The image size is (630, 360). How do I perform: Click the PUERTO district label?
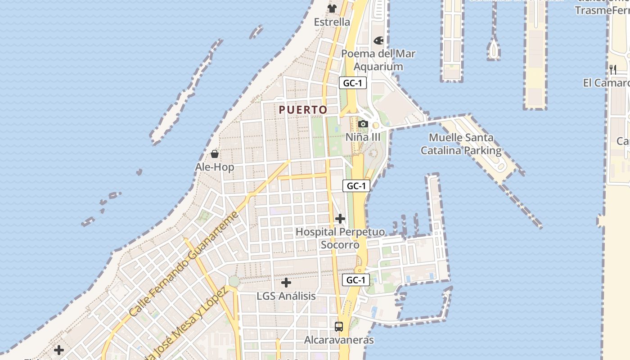pyautogui.click(x=303, y=110)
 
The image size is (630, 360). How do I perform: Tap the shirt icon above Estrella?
pyautogui.click(x=332, y=8)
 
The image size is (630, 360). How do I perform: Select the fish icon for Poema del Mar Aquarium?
pyautogui.click(x=378, y=40)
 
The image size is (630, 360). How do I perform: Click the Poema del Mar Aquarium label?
pyautogui.click(x=378, y=60)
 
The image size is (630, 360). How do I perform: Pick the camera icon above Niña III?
pyautogui.click(x=363, y=124)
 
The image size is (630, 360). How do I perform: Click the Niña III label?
pyautogui.click(x=363, y=137)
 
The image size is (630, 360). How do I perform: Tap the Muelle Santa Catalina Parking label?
pyautogui.click(x=461, y=144)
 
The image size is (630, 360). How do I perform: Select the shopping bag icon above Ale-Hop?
pyautogui.click(x=215, y=154)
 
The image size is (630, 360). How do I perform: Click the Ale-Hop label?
pyautogui.click(x=215, y=167)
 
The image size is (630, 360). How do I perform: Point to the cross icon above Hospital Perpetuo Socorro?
pyautogui.click(x=340, y=219)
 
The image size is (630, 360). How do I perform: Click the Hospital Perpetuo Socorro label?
pyautogui.click(x=340, y=238)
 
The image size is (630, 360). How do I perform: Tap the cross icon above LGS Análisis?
pyautogui.click(x=286, y=283)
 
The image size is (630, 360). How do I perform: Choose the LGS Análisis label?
pyautogui.click(x=286, y=296)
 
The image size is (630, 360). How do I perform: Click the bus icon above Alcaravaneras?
pyautogui.click(x=339, y=327)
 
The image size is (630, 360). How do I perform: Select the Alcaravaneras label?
pyautogui.click(x=339, y=340)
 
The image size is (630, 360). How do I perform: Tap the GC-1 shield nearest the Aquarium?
pyautogui.click(x=352, y=83)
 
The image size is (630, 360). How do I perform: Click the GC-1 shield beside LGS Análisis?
pyautogui.click(x=355, y=280)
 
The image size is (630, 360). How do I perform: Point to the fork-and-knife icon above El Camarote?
pyautogui.click(x=612, y=69)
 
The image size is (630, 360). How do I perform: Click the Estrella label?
pyautogui.click(x=332, y=22)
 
